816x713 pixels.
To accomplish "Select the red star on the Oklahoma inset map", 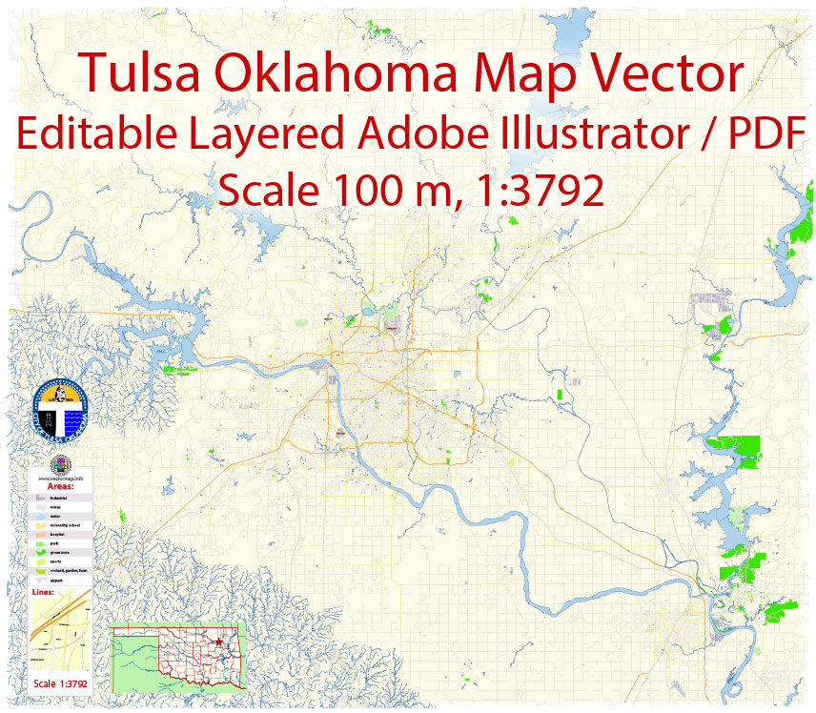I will (x=219, y=643).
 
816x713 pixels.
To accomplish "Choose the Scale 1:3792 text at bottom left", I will (x=60, y=683).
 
